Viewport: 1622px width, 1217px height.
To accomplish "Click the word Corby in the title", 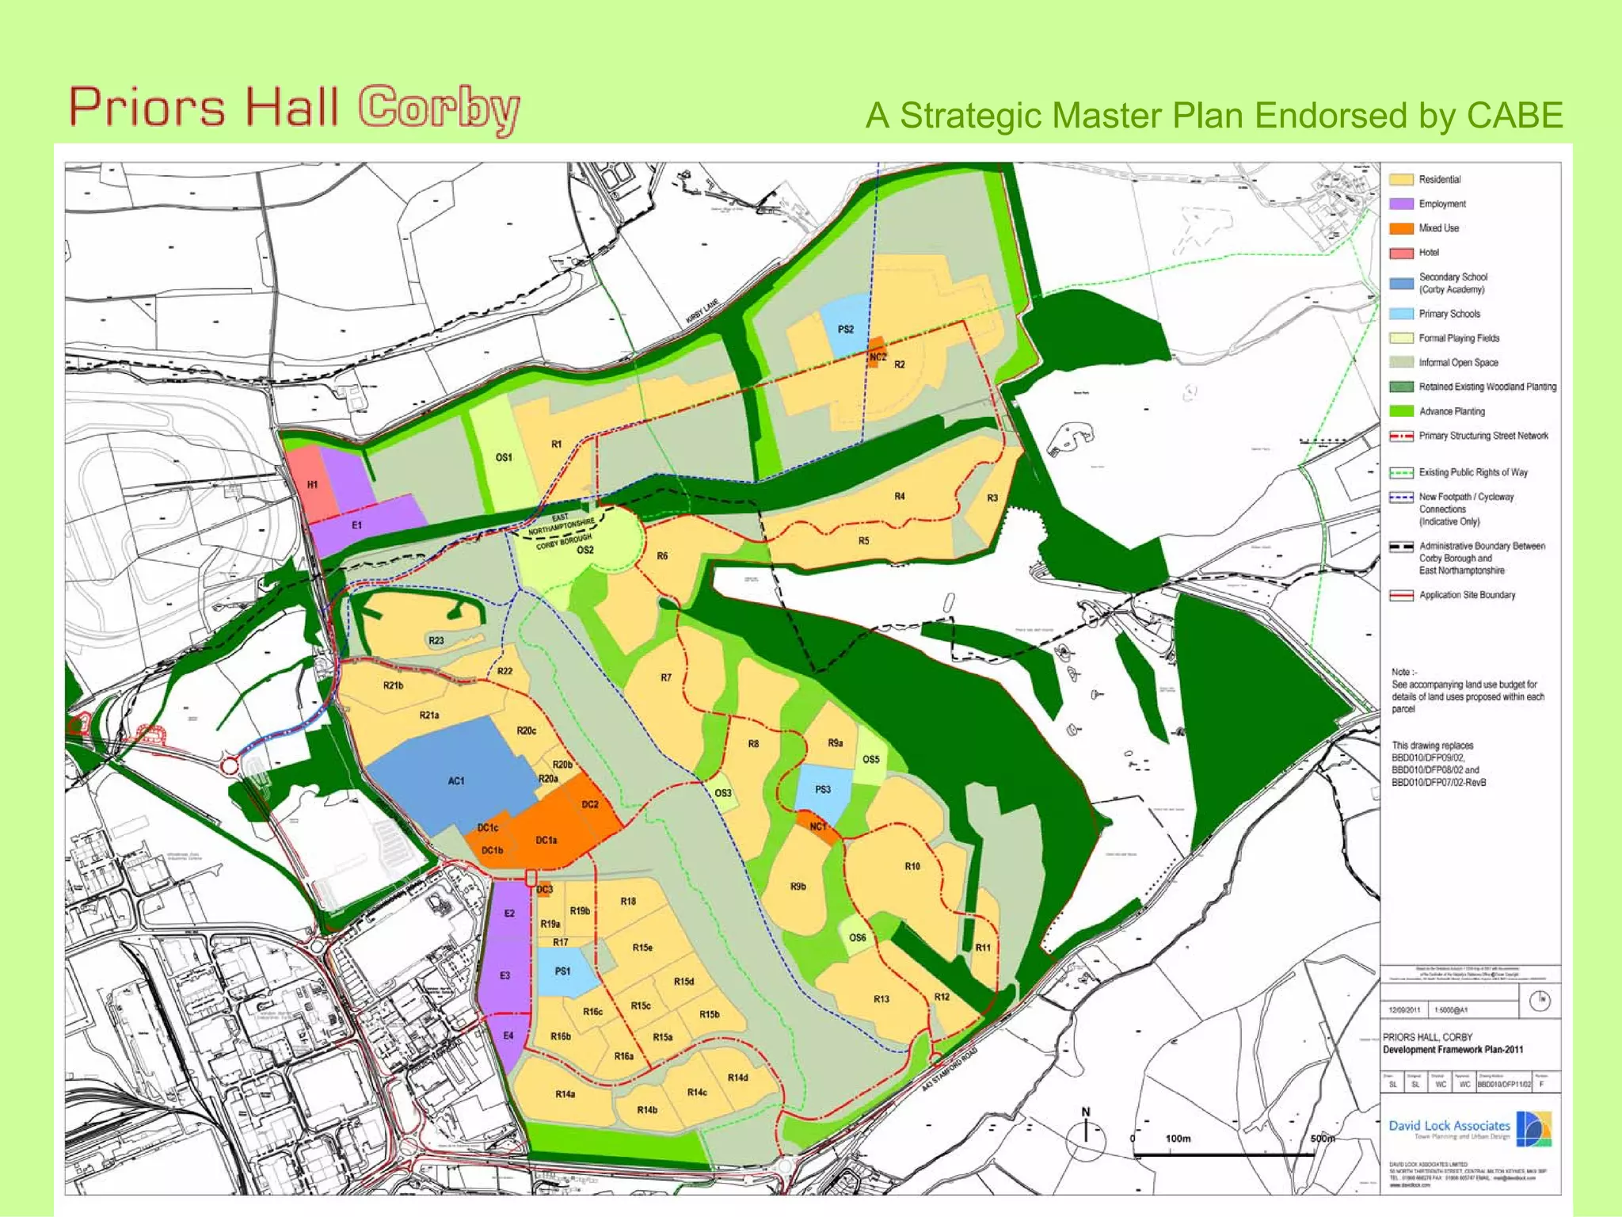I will click(439, 109).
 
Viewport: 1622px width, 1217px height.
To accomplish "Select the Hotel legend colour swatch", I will click(1401, 253).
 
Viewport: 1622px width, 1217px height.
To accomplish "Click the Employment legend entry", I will click(1441, 204).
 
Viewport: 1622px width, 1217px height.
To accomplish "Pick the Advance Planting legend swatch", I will click(1401, 411).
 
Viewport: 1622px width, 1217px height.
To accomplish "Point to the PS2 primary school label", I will click(845, 330).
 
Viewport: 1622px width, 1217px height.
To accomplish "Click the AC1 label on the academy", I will click(456, 781).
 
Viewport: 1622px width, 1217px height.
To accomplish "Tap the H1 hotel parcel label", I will click(312, 484).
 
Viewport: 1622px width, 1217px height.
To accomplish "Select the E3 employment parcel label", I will click(504, 976).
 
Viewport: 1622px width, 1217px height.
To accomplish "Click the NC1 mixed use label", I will click(817, 826).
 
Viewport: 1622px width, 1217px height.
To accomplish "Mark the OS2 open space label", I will click(584, 551).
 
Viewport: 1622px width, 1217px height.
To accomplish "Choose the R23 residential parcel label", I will click(436, 641).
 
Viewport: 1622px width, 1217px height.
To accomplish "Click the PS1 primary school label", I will click(562, 971).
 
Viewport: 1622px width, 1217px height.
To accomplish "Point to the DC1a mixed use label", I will click(546, 841).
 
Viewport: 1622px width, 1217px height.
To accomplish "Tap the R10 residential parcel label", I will click(912, 867).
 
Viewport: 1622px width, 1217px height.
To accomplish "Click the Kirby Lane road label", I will click(702, 311).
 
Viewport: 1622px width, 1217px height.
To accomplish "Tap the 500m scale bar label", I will click(1322, 1139).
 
